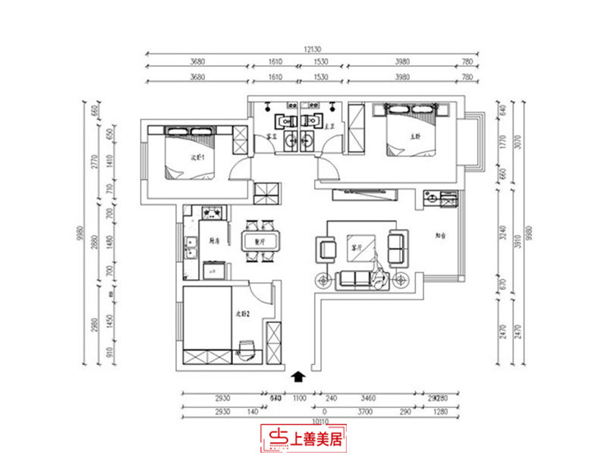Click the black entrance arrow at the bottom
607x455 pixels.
tap(299, 374)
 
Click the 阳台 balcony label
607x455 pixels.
tap(440, 236)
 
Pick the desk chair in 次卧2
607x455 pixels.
tap(246, 349)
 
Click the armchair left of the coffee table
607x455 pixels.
tap(326, 248)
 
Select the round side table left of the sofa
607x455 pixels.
tap(324, 281)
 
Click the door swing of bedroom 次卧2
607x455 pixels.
tap(262, 292)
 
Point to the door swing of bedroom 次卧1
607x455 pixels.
tap(240, 168)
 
